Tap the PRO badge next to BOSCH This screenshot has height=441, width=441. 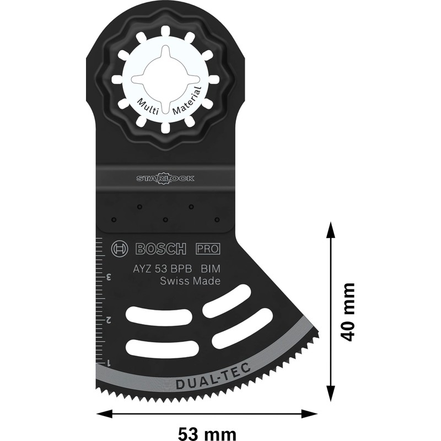(208, 249)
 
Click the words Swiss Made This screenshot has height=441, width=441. (190, 282)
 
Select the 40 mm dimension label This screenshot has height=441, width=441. (347, 312)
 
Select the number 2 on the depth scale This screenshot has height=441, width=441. (109, 319)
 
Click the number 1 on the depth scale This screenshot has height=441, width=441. (109, 362)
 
